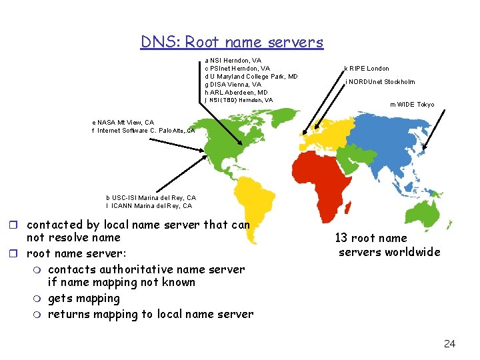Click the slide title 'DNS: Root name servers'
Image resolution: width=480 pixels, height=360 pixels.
click(231, 42)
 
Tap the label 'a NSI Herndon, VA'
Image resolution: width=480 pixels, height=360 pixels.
click(233, 61)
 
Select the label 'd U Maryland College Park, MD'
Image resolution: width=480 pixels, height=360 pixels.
click(251, 77)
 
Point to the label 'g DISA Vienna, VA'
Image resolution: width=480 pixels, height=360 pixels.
click(233, 85)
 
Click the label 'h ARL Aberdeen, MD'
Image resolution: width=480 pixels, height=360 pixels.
click(237, 93)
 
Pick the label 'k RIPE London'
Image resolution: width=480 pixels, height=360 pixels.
click(367, 69)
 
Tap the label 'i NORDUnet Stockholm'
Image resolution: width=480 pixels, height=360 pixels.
click(380, 82)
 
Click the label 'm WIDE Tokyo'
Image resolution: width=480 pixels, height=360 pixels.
click(412, 105)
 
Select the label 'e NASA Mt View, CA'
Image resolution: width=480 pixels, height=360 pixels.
click(123, 123)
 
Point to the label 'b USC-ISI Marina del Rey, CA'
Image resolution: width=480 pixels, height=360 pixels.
click(151, 198)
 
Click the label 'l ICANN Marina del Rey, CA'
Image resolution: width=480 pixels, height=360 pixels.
click(149, 206)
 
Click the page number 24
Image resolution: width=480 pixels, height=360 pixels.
click(449, 344)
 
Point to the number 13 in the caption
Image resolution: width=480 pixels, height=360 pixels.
click(341, 238)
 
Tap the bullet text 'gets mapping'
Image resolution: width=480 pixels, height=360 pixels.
click(84, 299)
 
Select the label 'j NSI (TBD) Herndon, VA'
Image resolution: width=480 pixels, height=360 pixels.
click(239, 100)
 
